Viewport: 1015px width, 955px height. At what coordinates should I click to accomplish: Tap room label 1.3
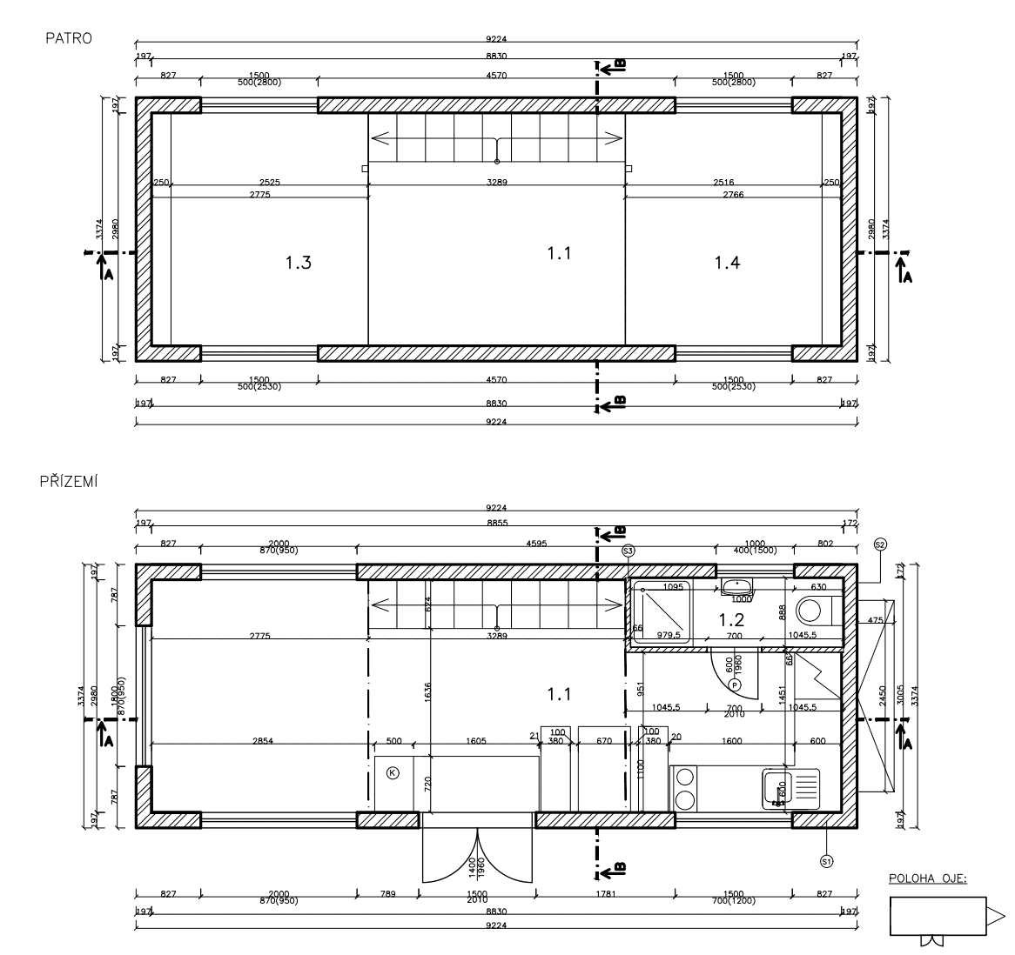pos(298,263)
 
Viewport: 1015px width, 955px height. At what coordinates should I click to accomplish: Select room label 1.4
pos(727,263)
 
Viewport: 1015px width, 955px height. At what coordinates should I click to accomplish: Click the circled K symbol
pos(393,772)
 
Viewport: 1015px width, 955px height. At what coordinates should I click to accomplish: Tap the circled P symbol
pos(735,685)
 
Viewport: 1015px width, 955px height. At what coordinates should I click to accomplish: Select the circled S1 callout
pos(826,860)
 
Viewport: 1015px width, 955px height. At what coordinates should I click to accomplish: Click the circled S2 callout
pos(879,544)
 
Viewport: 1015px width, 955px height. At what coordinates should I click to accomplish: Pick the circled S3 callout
pos(628,551)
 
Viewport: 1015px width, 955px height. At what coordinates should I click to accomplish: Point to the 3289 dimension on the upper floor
pos(497,183)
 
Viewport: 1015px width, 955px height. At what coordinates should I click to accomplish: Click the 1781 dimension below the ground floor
pos(606,894)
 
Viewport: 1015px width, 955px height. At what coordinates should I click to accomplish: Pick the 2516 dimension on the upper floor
pos(723,183)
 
